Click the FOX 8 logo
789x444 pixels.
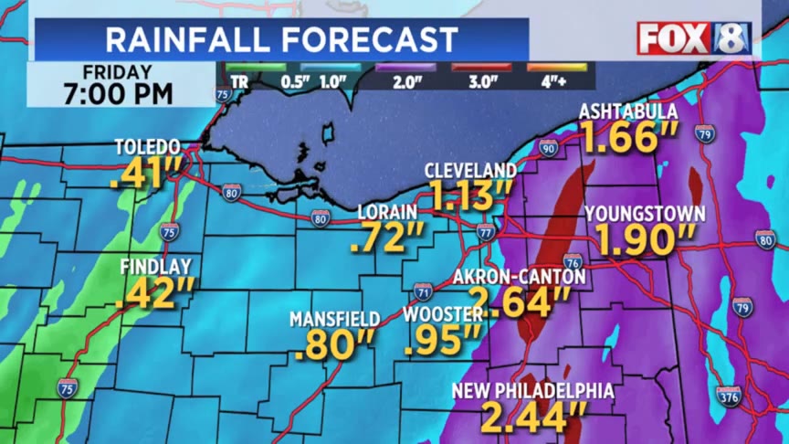pos(694,38)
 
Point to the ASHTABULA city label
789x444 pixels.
pos(628,111)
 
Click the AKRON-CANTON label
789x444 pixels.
pos(519,276)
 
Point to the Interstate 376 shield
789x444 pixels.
pos(729,396)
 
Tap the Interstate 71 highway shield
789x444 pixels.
pos(422,292)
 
